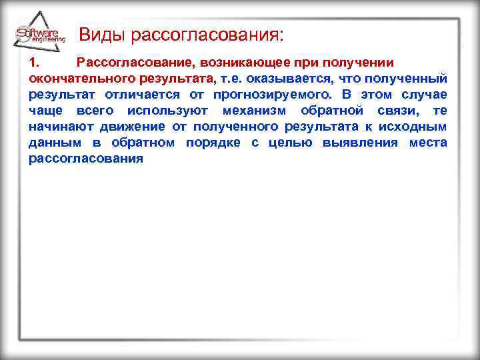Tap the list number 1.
click(x=35, y=63)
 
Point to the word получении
click(x=360, y=63)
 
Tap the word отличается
click(x=137, y=95)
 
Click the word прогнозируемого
click(x=271, y=95)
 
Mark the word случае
click(x=425, y=95)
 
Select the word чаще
click(x=44, y=111)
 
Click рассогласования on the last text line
click(x=87, y=159)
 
